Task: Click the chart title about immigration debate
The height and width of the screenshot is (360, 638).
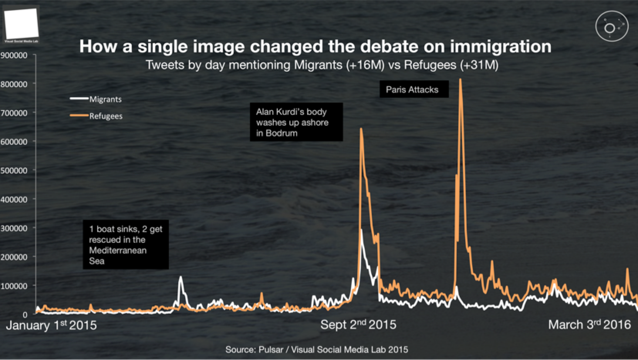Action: tap(315, 46)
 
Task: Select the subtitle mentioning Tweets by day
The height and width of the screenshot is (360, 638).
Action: tap(322, 65)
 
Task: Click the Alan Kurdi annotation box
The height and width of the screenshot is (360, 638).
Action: tap(296, 122)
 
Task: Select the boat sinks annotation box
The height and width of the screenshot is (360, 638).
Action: tap(126, 245)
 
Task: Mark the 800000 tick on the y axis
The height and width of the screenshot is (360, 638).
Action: tap(14, 84)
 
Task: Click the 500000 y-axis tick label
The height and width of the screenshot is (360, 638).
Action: tap(14, 170)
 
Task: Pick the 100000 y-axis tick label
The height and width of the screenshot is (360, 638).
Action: tap(14, 286)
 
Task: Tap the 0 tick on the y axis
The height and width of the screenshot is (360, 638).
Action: tap(25, 315)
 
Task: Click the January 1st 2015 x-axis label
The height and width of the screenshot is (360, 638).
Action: tap(51, 325)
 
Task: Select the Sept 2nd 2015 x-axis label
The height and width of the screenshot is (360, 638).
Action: tap(358, 325)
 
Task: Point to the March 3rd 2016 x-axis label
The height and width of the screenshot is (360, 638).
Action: tap(589, 325)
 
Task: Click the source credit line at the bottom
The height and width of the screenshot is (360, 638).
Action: tap(317, 350)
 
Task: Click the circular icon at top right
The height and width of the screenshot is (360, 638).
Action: tap(612, 26)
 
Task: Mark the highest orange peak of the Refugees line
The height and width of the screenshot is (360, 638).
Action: tap(460, 80)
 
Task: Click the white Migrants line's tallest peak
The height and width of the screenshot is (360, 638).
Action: tap(361, 230)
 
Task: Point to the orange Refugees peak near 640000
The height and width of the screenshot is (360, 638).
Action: tap(361, 129)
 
